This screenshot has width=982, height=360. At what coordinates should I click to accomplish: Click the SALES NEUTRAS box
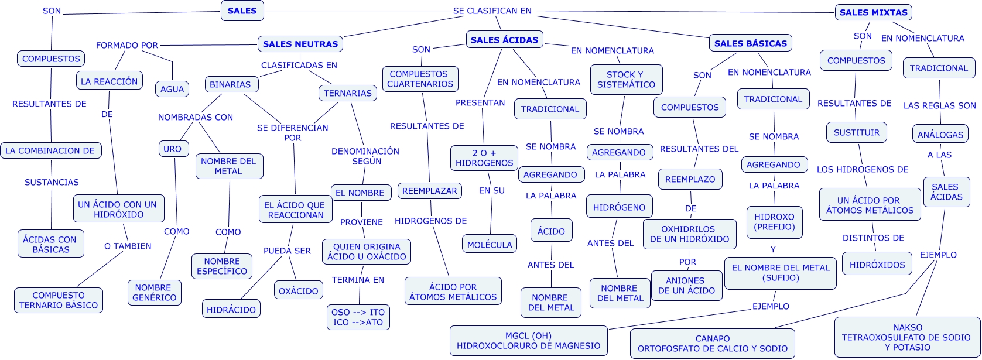coord(300,44)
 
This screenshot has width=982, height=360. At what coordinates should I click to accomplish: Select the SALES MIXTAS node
coord(873,12)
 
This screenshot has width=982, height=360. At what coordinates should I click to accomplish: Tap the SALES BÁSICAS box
coord(751,43)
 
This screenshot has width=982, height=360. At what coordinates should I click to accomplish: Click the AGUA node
coord(172,89)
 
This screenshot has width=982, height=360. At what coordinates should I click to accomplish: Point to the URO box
coord(172,149)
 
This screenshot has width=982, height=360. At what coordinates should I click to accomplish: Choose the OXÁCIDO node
coord(299,290)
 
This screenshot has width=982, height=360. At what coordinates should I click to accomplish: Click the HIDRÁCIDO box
coord(232,309)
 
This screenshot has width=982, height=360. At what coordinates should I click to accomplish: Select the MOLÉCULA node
coord(490,245)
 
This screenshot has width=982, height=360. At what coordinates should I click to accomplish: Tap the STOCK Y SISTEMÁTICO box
coord(626,80)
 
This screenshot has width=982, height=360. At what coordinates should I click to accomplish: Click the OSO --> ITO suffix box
coord(358,317)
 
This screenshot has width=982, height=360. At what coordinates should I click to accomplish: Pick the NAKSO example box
coord(907,337)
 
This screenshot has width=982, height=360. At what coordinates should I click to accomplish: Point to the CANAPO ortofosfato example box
coord(712,344)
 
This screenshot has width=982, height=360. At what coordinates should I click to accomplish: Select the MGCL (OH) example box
coord(528,341)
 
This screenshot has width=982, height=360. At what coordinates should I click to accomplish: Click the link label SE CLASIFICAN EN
coord(492,11)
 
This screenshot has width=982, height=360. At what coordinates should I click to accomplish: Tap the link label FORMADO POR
coord(127,45)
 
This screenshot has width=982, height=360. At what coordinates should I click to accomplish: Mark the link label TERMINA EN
coord(358,280)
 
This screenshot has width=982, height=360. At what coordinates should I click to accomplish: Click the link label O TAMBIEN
coord(128,246)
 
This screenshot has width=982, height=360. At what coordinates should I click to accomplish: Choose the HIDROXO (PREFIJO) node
coord(774,222)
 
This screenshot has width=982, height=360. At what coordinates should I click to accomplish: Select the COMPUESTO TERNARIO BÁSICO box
coord(59,300)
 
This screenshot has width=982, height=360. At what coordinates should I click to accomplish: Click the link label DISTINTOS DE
coord(873,238)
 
